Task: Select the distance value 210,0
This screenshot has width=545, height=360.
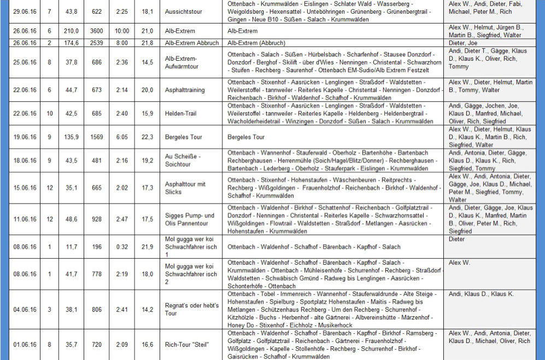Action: (72, 31)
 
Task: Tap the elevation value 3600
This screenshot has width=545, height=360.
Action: (96, 31)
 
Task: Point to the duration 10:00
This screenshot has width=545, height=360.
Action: (122, 31)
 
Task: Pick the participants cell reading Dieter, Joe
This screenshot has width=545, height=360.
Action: (464, 43)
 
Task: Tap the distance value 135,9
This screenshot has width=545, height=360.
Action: (72, 137)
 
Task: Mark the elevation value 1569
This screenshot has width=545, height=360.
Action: (96, 137)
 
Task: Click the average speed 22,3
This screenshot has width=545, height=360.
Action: (147, 137)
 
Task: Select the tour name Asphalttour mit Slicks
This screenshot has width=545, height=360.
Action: (185, 188)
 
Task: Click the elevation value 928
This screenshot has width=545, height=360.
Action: (96, 219)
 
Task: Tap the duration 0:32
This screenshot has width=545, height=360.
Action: (122, 247)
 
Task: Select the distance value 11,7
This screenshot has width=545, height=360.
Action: (72, 247)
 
